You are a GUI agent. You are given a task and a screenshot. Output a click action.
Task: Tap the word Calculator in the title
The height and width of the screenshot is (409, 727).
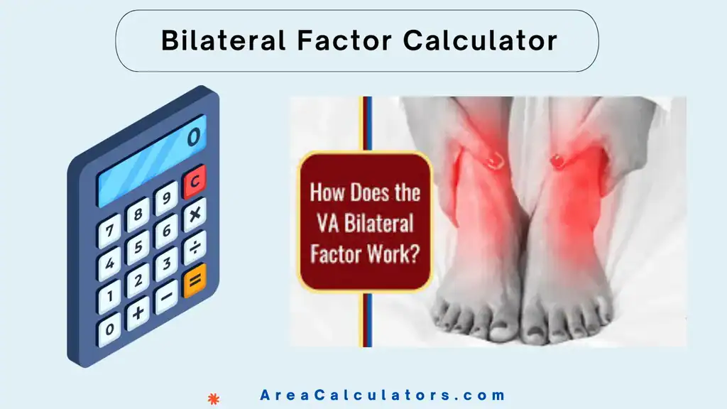[480, 40]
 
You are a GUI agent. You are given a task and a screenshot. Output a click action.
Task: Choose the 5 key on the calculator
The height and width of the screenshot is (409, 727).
[138, 246]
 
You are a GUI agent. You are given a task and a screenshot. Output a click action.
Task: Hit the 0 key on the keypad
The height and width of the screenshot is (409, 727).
[109, 329]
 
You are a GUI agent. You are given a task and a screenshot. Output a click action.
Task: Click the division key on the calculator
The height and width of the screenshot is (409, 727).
[194, 246]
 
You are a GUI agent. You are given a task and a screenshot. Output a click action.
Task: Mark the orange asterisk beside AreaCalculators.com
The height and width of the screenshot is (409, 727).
[211, 398]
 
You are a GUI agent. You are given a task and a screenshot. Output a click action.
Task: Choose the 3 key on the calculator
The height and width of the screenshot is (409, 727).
[165, 263]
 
